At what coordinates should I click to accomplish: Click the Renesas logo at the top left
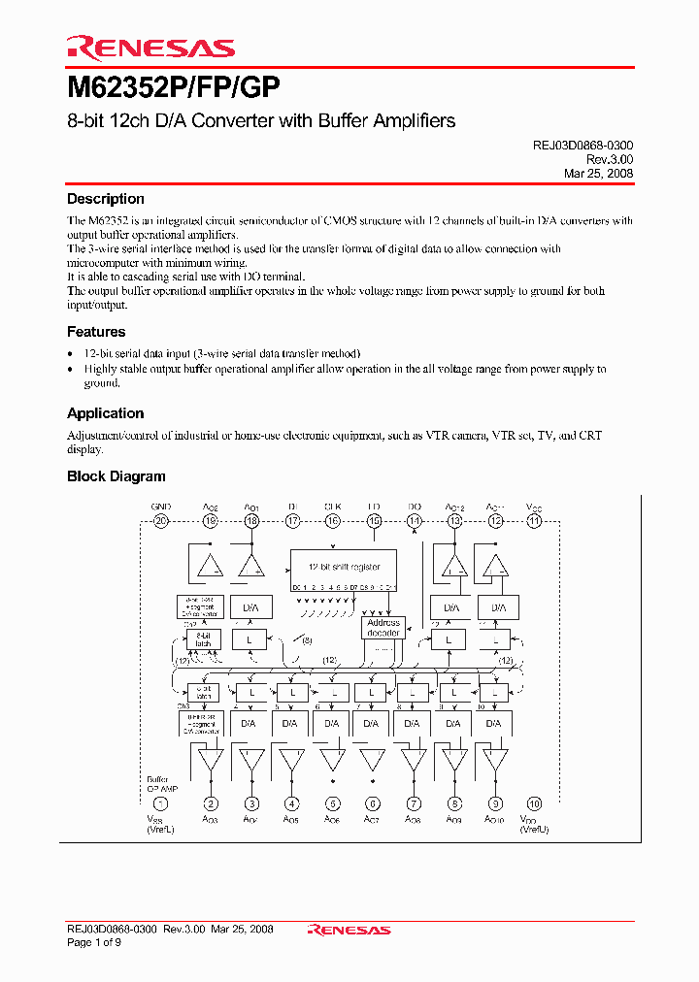coord(150,48)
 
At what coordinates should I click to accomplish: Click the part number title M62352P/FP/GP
coord(173,89)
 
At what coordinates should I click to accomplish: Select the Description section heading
coord(105,199)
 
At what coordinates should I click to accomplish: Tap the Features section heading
coord(96,332)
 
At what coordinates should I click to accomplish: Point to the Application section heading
coord(105,413)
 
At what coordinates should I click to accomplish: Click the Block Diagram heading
coord(116,476)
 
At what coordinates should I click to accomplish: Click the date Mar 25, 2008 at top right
coord(598,173)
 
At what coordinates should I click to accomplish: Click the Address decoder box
coord(383,628)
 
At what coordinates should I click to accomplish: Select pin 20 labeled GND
coord(161,521)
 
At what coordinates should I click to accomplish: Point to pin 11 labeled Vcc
coord(535,521)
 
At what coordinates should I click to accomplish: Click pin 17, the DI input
coord(292,521)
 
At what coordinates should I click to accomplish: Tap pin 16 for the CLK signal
coord(333,521)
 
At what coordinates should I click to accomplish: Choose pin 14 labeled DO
coord(415,521)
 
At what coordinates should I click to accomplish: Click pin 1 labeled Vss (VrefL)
coord(161,803)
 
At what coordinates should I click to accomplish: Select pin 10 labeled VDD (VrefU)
coord(535,803)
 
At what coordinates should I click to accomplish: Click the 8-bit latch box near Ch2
coord(204,640)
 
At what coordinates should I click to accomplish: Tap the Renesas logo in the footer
coord(349,930)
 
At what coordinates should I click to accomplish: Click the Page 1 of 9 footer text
coord(94,943)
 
